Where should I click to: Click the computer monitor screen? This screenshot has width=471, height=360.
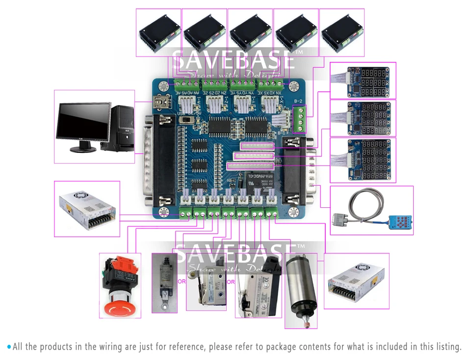(x=83, y=122)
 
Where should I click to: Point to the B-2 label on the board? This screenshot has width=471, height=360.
(x=298, y=102)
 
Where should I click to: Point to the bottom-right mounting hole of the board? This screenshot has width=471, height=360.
(x=294, y=212)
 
